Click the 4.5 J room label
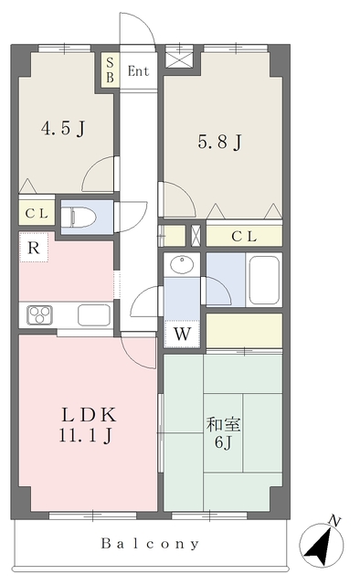pos(63,129)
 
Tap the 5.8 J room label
pos(220,143)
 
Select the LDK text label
pos(90,414)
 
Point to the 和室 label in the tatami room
pos(223,425)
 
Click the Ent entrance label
pos(138,71)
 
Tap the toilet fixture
pos(79,216)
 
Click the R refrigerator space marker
pos(34,248)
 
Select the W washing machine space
pos(183,334)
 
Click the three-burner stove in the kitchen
pos(39,314)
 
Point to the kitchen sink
pos(94,314)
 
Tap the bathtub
pos(264,280)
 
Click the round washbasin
pos(182,264)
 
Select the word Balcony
pos(150,544)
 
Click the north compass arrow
pos(321,546)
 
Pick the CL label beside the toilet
pos(37,214)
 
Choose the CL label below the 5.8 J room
pos(244,236)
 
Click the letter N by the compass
pos(335,521)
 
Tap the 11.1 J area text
pos(85,435)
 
